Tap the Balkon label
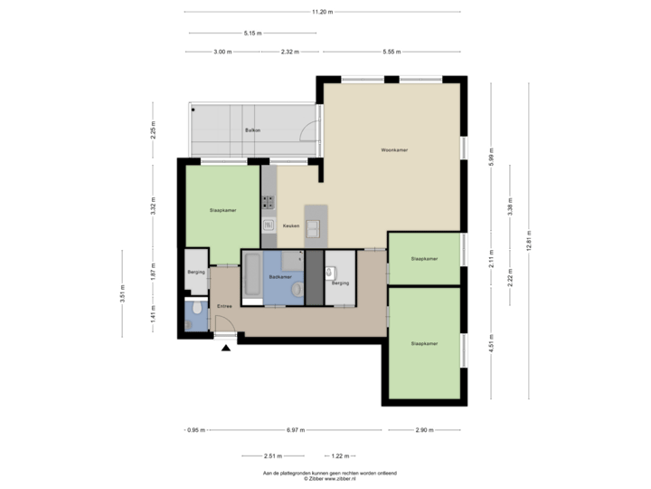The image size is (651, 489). point(253,131)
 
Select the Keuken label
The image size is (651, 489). point(290,225)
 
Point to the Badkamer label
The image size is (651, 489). point(280,276)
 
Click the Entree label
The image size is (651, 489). point(224,306)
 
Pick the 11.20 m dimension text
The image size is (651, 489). point(322,12)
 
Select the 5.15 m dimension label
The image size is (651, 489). point(252,33)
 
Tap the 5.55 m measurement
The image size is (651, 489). point(392,52)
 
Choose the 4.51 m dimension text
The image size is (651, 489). point(490,342)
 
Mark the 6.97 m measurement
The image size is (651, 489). point(295,429)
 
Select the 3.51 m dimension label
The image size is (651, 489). point(122,292)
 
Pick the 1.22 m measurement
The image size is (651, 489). point(339,455)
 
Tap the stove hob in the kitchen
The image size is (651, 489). point(268,202)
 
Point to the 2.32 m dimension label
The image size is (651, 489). point(289,52)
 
